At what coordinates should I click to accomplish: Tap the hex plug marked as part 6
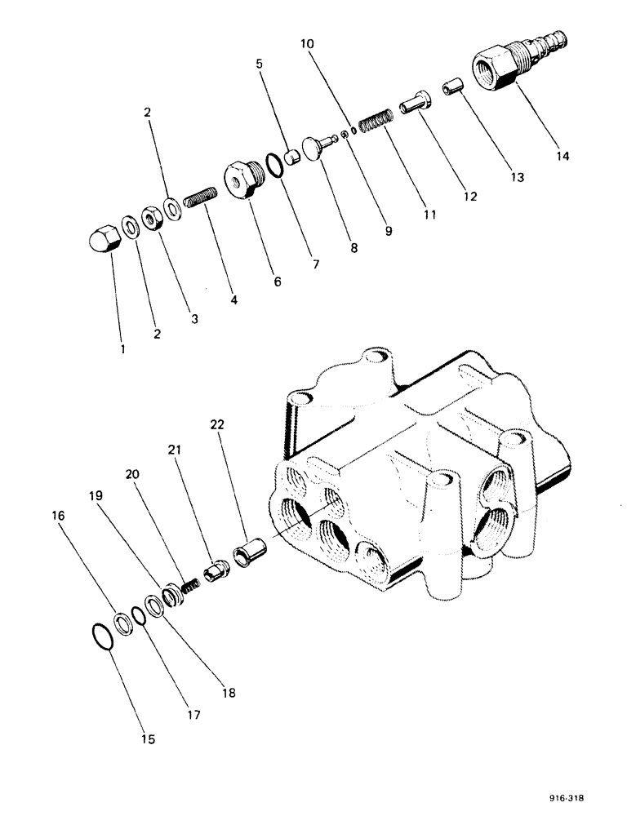point(242,180)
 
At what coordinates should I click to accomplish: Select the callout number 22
point(216,424)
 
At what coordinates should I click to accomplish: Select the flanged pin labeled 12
point(414,104)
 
